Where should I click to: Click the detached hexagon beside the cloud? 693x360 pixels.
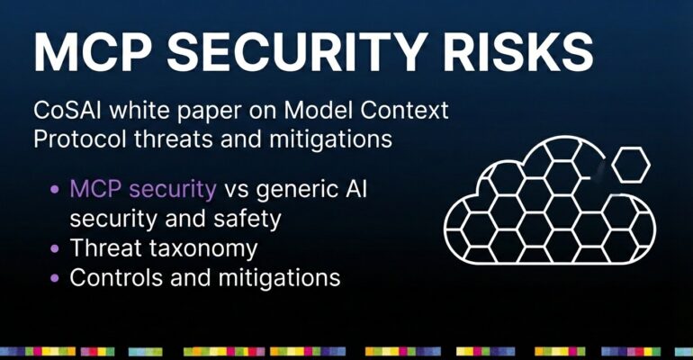pos(631,165)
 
